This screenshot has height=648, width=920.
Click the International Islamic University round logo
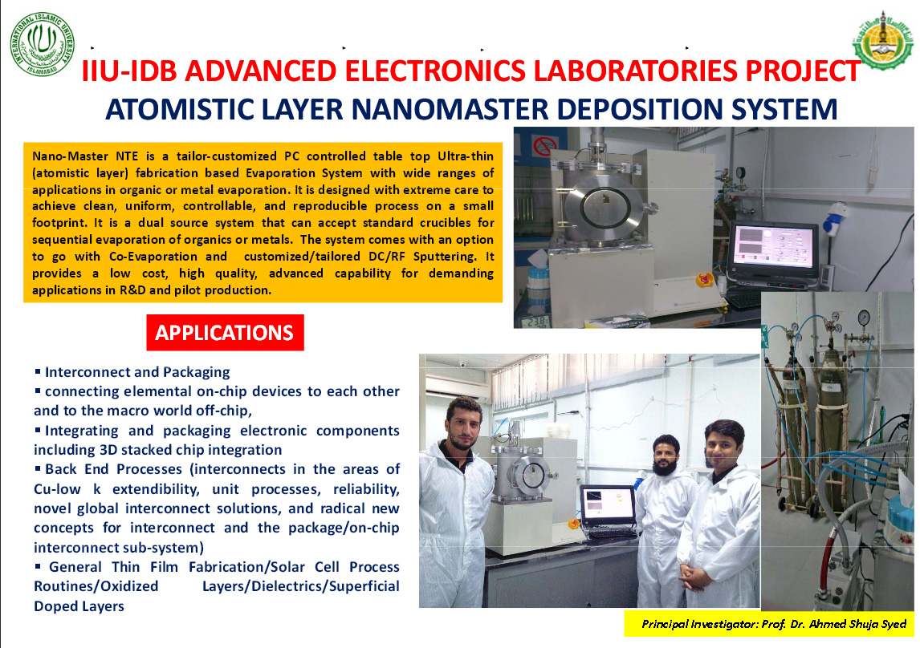click(43, 44)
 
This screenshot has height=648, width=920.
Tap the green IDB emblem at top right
click(882, 41)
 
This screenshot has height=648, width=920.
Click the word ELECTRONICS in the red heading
click(435, 71)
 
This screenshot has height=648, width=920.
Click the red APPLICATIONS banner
click(226, 333)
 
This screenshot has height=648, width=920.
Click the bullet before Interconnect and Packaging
click(38, 371)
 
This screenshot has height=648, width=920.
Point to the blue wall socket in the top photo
click(834, 219)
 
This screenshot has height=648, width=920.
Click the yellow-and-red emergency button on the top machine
click(703, 279)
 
